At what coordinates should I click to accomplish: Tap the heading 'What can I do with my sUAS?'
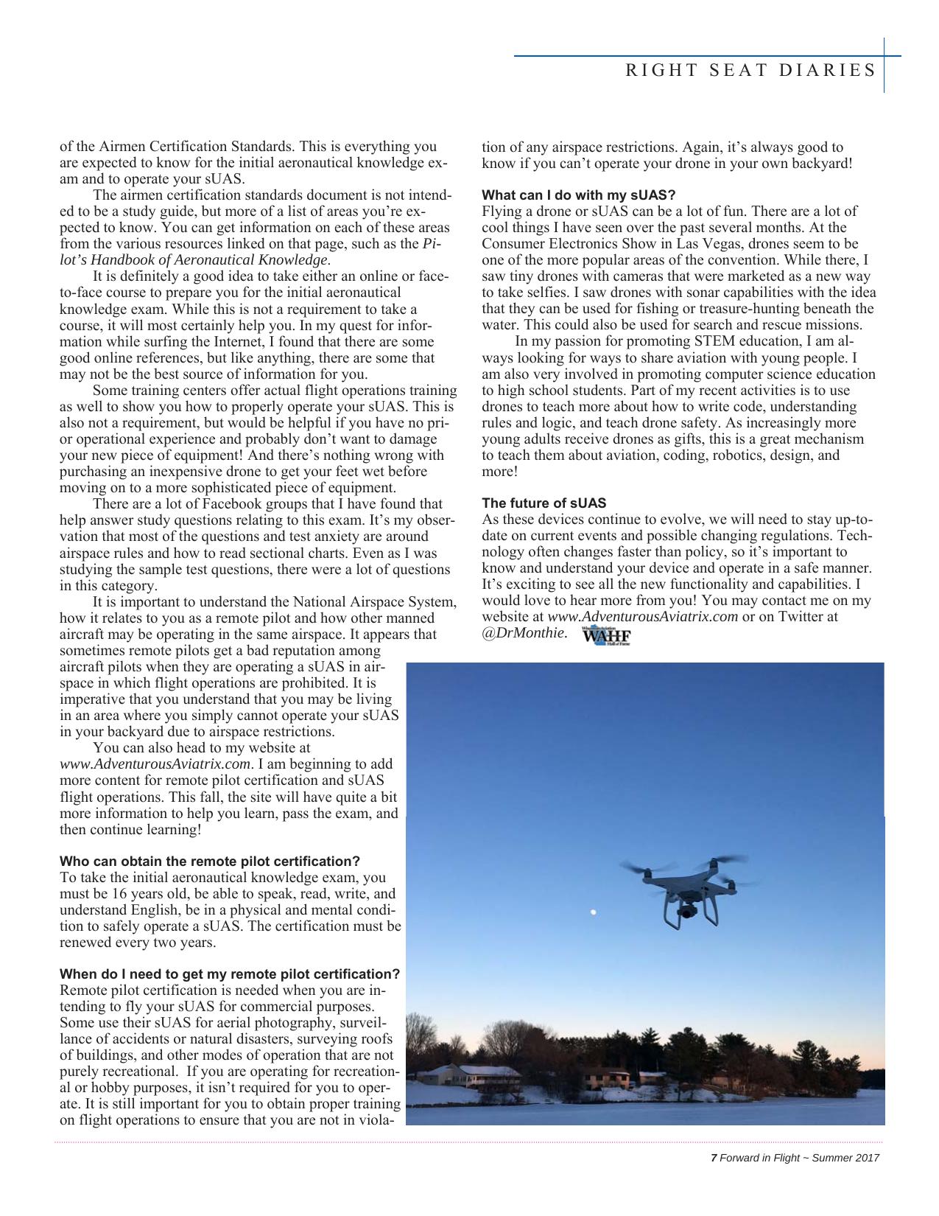[579, 195]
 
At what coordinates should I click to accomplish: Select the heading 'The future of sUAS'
[544, 503]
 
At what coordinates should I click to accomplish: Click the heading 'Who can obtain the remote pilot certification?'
[210, 862]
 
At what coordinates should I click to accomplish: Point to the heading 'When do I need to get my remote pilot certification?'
[230, 974]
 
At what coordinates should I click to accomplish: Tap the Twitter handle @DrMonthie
[524, 633]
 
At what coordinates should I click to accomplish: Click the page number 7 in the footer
[713, 1158]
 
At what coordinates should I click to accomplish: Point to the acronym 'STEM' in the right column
[715, 341]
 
